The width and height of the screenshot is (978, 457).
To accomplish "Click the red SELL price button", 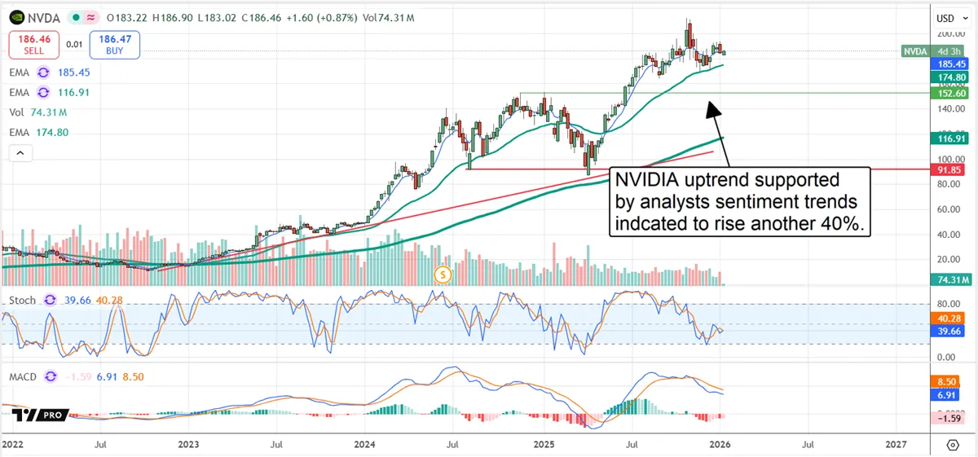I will [x=33, y=44].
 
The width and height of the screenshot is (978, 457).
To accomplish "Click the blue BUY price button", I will [x=115, y=44].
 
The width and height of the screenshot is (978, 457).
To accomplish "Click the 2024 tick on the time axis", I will [x=364, y=444].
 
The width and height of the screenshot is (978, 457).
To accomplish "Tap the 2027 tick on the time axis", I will [x=895, y=444].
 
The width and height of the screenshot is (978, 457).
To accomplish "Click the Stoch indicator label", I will [x=22, y=300].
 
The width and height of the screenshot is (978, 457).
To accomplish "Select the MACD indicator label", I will [x=24, y=377].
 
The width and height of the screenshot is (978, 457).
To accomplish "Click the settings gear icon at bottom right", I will [x=952, y=444].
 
